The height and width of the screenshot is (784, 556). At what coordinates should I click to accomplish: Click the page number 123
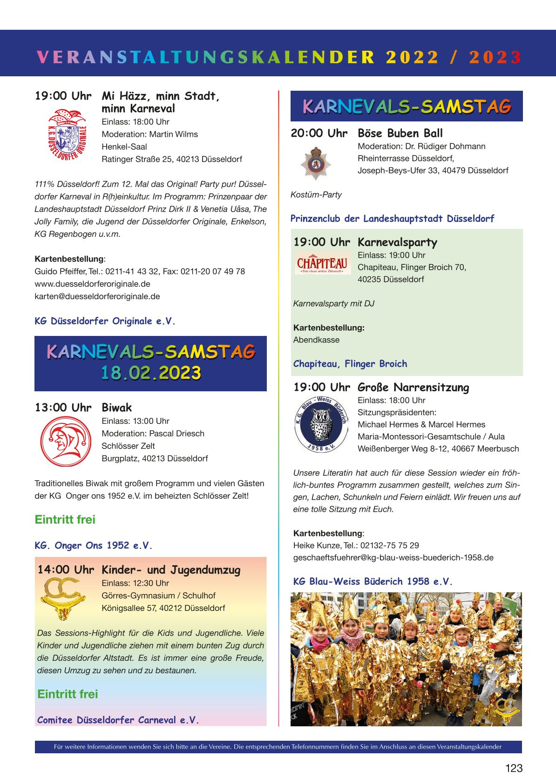514,768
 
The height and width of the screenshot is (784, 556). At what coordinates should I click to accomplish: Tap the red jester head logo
66,442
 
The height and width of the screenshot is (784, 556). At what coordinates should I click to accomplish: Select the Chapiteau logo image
322,263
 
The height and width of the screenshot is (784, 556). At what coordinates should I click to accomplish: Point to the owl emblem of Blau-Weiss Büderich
321,424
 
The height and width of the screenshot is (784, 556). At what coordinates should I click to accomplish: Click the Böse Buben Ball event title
400,133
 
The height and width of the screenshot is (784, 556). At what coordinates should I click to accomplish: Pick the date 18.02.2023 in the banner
151,373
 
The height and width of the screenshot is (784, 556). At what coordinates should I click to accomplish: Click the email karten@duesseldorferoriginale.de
97,296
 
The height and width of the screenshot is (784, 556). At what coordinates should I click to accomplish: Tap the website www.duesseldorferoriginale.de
92,284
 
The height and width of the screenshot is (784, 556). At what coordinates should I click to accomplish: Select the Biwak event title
117,408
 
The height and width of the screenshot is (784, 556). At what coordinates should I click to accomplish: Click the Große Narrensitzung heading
413,387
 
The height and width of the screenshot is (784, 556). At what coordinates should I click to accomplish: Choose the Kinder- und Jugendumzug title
171,570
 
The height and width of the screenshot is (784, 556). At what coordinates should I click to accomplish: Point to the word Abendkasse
316,340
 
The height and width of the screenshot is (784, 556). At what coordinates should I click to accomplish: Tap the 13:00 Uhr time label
63,408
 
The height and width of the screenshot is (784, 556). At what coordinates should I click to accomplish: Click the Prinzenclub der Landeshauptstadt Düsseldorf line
392,218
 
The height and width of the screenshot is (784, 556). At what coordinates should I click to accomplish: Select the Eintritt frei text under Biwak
65,519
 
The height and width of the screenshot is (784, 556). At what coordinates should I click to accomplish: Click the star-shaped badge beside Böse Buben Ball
316,162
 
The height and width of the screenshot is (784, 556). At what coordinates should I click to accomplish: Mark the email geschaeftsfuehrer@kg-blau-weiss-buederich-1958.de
393,557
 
